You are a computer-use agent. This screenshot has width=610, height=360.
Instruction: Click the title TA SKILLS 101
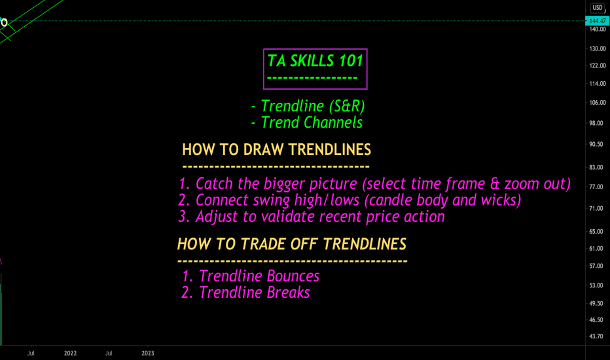[315, 61]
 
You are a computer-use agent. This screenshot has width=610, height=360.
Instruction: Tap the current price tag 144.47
[597, 21]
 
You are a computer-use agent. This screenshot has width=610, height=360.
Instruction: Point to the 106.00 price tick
[598, 103]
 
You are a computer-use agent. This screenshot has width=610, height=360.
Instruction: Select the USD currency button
[597, 7]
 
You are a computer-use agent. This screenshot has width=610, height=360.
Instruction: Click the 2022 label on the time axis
[71, 353]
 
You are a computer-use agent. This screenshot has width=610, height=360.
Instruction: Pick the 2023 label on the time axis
[148, 353]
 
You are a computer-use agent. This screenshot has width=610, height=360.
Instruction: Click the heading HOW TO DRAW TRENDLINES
[277, 150]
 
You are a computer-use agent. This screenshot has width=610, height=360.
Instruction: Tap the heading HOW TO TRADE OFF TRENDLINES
[292, 244]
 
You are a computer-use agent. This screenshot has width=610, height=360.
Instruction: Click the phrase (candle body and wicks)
[442, 200]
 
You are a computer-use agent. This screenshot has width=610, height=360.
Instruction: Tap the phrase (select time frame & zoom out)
[467, 184]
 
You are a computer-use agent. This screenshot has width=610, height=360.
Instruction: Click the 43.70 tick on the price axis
[596, 336]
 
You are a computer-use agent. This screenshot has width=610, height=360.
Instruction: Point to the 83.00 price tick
[596, 168]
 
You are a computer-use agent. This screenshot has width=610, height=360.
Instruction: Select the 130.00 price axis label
[598, 48]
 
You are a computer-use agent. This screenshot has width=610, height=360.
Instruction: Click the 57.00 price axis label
[596, 266]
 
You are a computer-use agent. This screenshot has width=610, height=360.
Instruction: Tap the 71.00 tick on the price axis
[596, 209]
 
